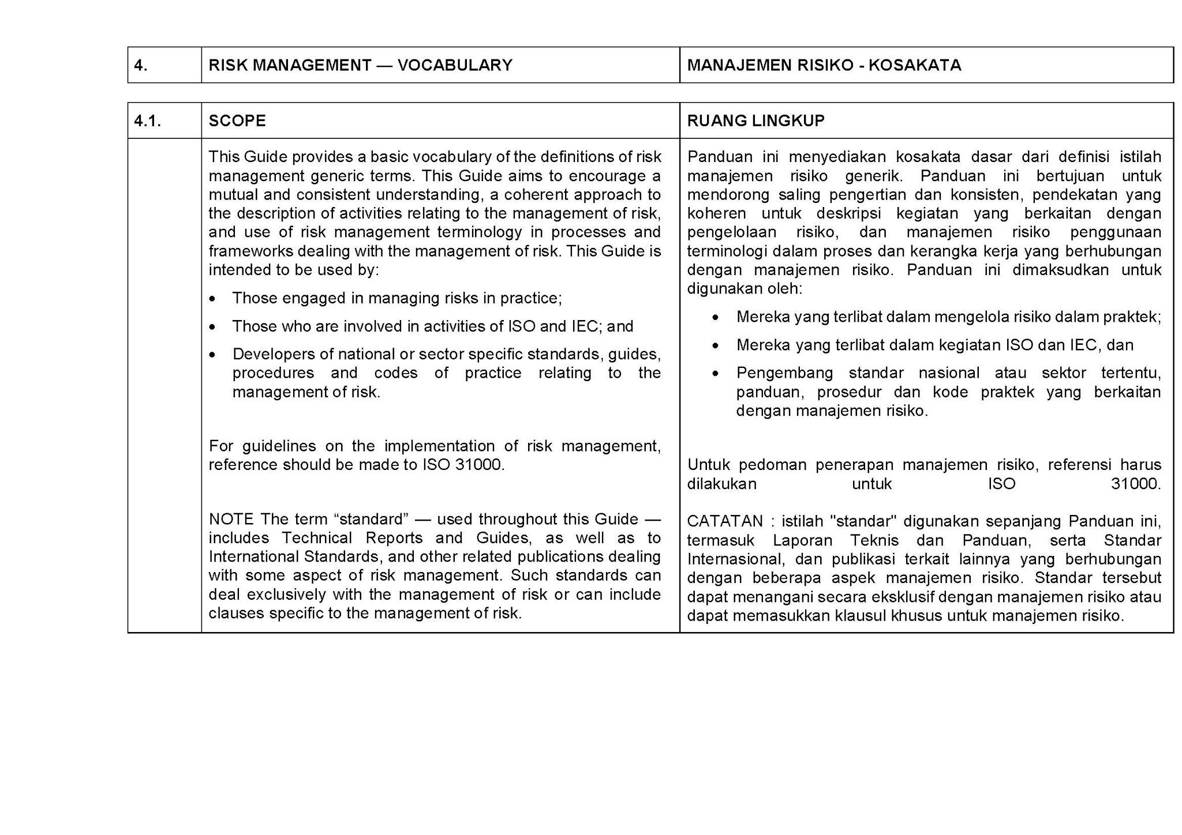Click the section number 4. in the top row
tap(141, 65)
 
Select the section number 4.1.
tap(147, 121)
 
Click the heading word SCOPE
tap(237, 121)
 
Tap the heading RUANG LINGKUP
tap(755, 121)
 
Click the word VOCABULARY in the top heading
tap(455, 65)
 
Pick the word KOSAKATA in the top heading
tap(915, 65)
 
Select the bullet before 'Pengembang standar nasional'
tap(716, 374)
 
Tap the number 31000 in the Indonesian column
tap(1135, 484)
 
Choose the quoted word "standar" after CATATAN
tap(862, 521)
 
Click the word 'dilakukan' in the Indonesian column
tap(721, 484)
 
